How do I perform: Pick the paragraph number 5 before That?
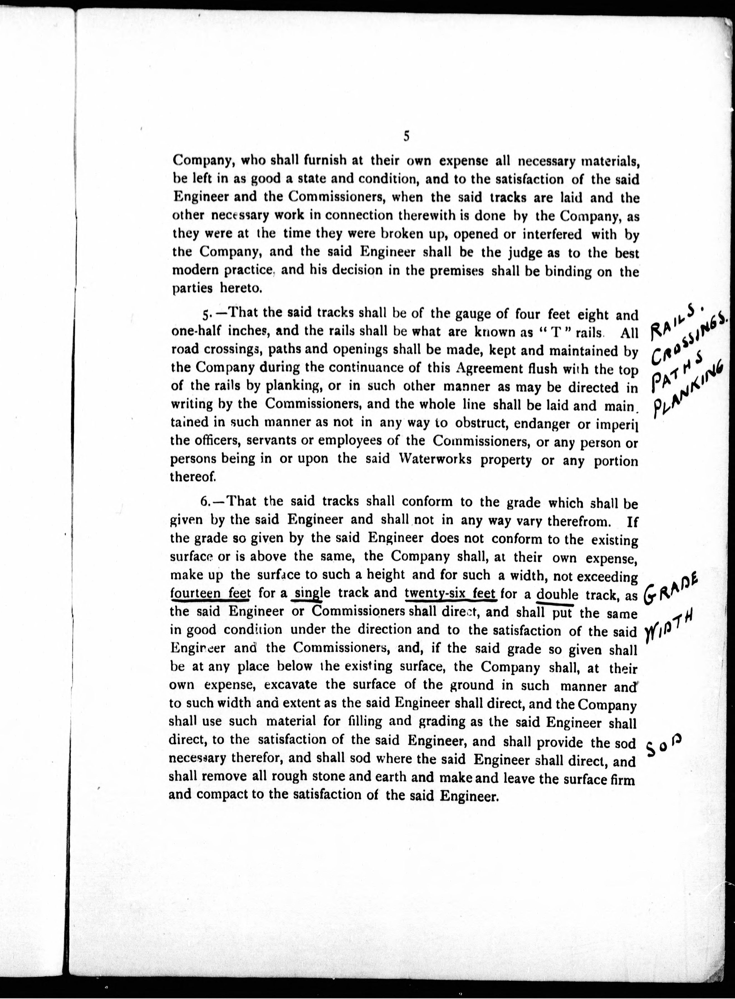point(205,315)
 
